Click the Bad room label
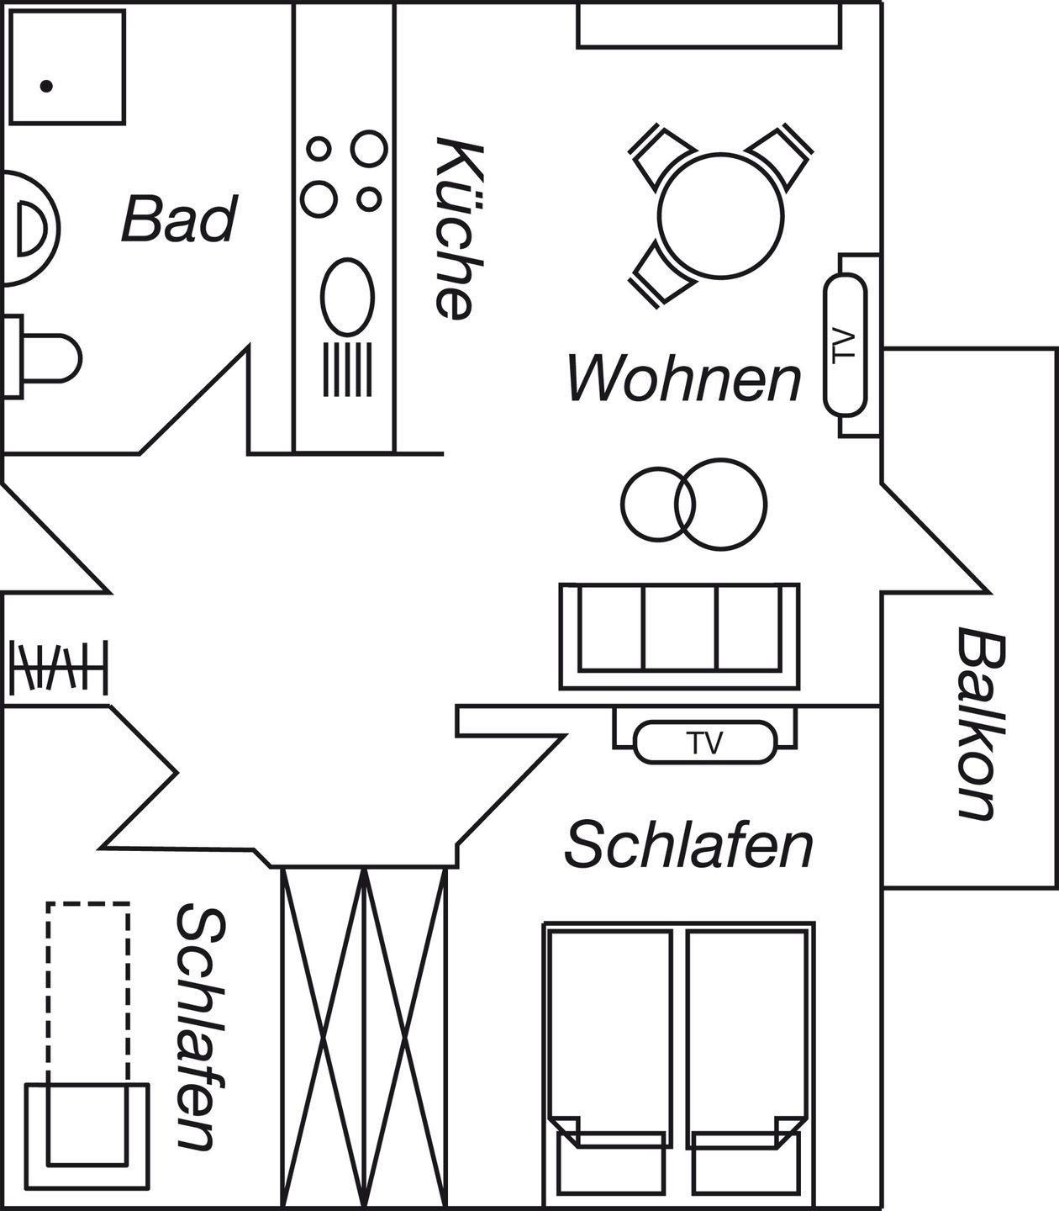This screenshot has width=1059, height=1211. (x=179, y=219)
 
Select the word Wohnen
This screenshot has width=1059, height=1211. (x=684, y=378)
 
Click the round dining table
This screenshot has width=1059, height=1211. (x=721, y=215)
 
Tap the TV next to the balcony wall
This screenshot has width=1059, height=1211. (x=845, y=345)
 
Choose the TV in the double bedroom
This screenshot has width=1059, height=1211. (x=704, y=743)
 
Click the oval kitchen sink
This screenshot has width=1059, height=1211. (x=346, y=297)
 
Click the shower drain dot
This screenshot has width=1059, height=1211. (x=47, y=86)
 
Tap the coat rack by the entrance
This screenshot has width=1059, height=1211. (x=59, y=668)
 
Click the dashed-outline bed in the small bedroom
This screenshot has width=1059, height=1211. (x=88, y=992)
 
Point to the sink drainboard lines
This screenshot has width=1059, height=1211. (x=347, y=368)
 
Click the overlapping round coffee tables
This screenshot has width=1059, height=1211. (x=694, y=503)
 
